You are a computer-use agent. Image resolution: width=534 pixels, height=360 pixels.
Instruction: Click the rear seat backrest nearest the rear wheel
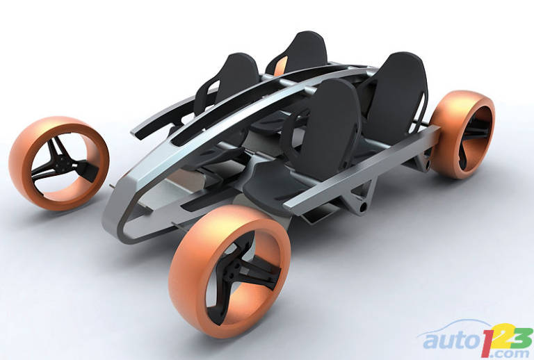(x=395, y=95)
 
